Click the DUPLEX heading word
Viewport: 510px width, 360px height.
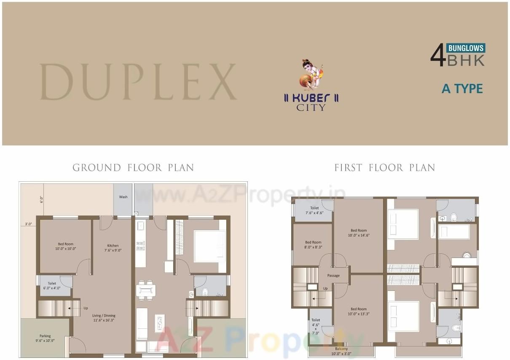coord(138,82)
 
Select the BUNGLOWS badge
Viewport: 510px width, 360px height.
coord(466,48)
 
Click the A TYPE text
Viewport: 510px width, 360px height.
coord(462,89)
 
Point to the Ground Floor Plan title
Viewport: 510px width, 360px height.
coord(133,168)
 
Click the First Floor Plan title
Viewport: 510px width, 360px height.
coord(384,168)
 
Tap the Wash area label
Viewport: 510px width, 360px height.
coord(123,197)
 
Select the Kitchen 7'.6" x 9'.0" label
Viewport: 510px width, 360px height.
coord(113,248)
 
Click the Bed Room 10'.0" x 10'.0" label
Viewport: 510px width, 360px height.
coord(66,247)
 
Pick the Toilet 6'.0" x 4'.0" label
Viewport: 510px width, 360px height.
coord(52,286)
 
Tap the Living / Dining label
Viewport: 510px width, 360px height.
coord(104,318)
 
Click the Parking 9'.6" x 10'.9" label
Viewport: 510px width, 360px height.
coord(45,339)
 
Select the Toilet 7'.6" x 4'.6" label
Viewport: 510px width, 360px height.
coord(314,210)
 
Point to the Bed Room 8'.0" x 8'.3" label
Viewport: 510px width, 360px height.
coord(313,245)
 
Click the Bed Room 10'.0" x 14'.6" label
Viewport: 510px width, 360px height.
coord(359,233)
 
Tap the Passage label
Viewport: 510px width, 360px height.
coord(333,276)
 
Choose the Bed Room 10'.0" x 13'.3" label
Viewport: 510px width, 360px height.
coord(359,312)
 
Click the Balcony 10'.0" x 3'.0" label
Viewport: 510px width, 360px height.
coord(341,351)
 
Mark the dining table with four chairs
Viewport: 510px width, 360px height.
coord(146,290)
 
